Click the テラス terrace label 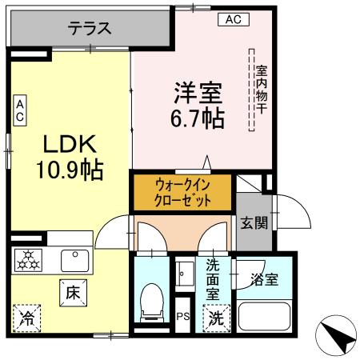click(89, 29)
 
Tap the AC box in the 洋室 click(231, 18)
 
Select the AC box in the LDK click(20, 110)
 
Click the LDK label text click(70, 144)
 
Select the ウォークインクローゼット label click(183, 193)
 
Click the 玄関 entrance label click(254, 222)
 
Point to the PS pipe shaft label click(182, 317)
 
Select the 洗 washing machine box click(217, 316)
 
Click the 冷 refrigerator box click(28, 316)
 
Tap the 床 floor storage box click(71, 294)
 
